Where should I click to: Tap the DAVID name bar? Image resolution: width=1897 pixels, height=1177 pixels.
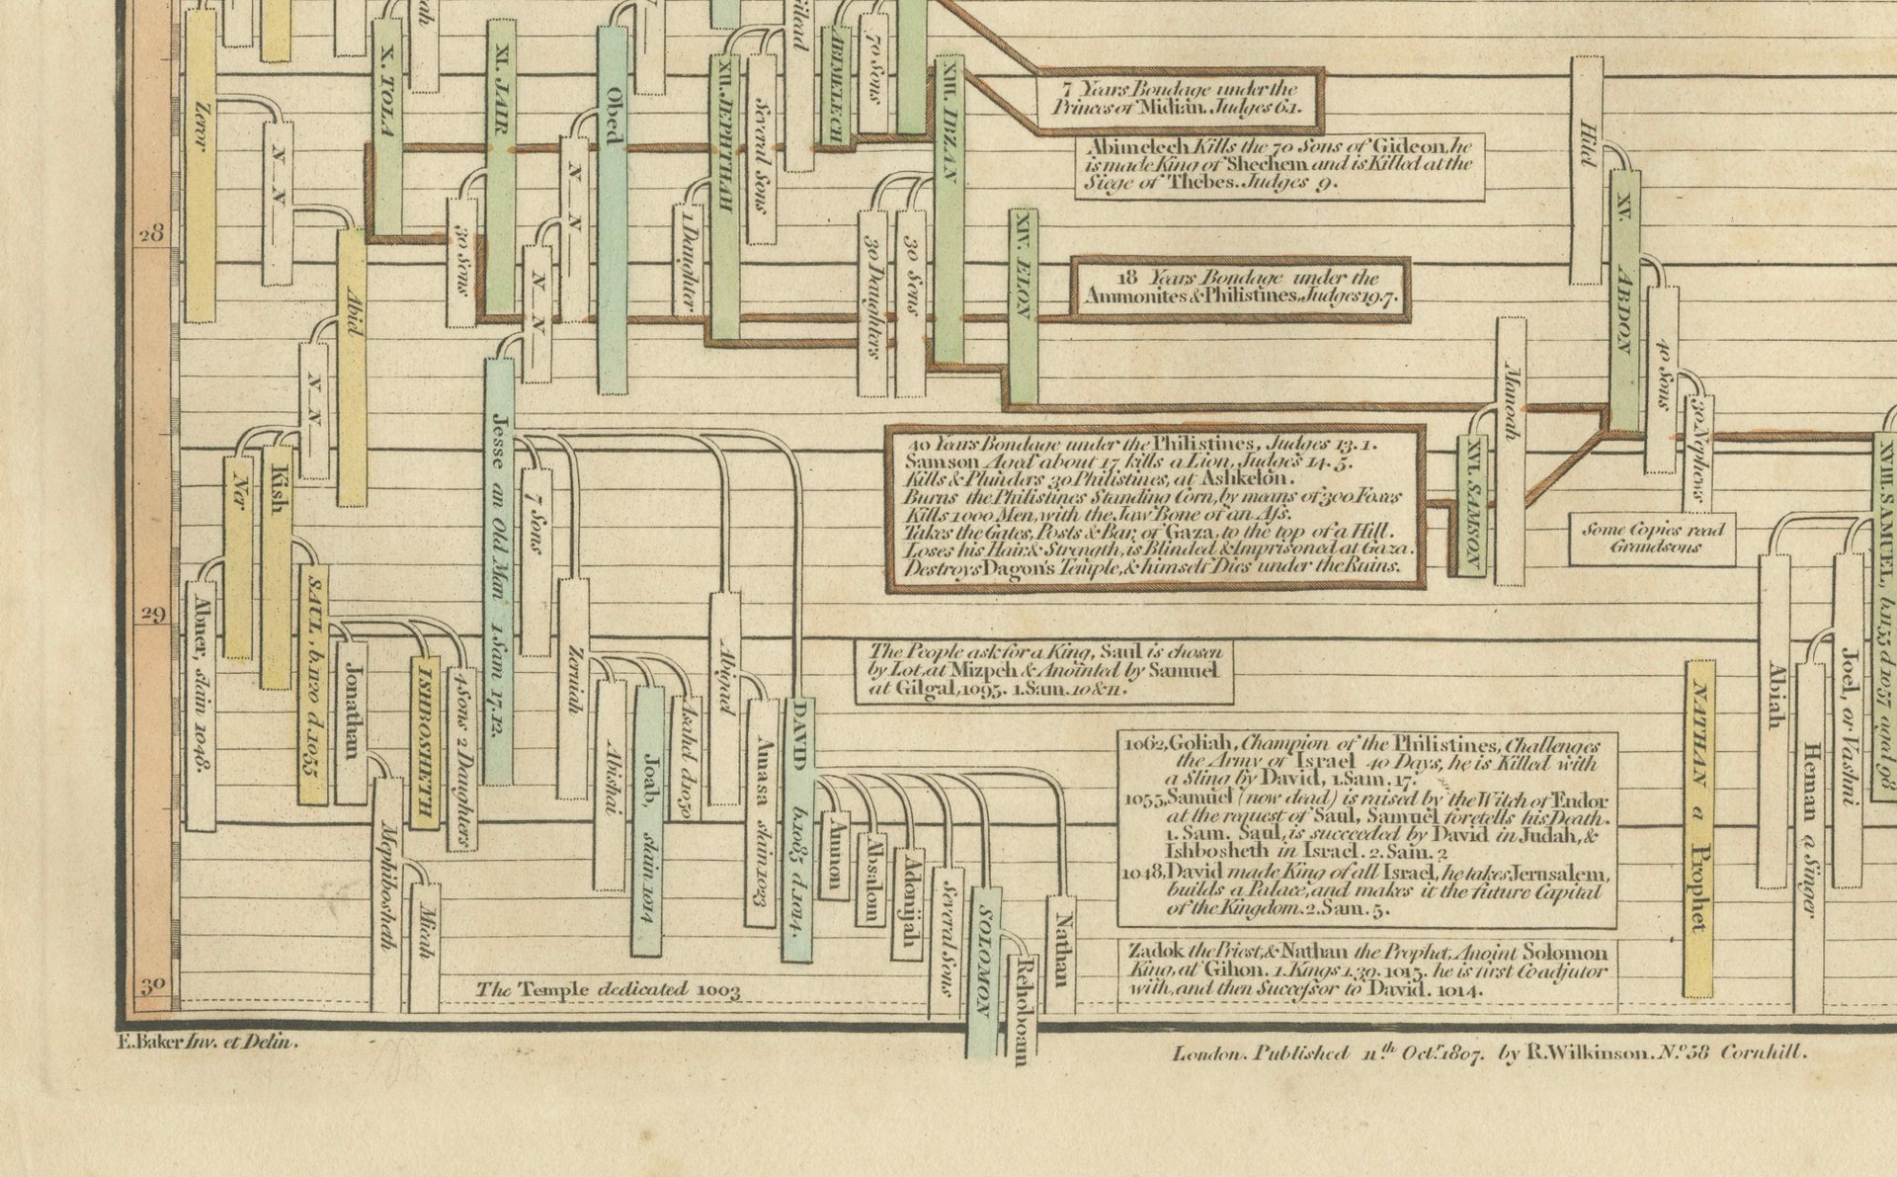798,830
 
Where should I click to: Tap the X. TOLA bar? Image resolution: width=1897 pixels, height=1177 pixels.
387,128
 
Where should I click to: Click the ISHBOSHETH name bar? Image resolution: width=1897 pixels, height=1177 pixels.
425,741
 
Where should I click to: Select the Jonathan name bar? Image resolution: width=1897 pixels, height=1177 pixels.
352,721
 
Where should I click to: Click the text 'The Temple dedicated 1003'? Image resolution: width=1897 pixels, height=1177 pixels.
609,989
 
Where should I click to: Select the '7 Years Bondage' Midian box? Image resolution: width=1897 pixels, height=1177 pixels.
1179,98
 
